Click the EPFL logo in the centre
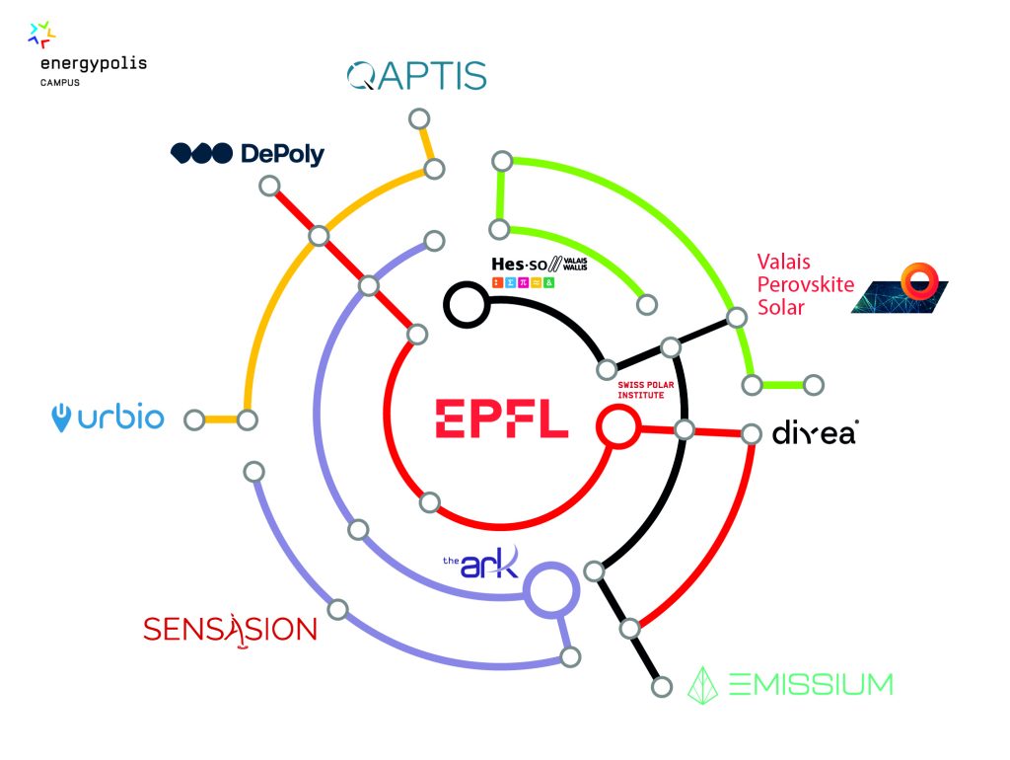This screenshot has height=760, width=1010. tap(501, 418)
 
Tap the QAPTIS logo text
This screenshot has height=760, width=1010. tap(417, 76)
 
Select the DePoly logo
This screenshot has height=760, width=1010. tap(248, 153)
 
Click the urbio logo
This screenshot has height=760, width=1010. tap(108, 418)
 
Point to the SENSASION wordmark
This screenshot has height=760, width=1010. tap(230, 629)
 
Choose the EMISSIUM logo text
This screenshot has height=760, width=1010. tap(791, 683)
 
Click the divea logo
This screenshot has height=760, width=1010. tap(814, 432)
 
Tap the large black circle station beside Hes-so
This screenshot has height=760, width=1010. tap(466, 304)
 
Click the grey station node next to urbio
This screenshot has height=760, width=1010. tap(194, 420)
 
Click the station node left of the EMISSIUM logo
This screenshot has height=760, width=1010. tap(662, 683)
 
